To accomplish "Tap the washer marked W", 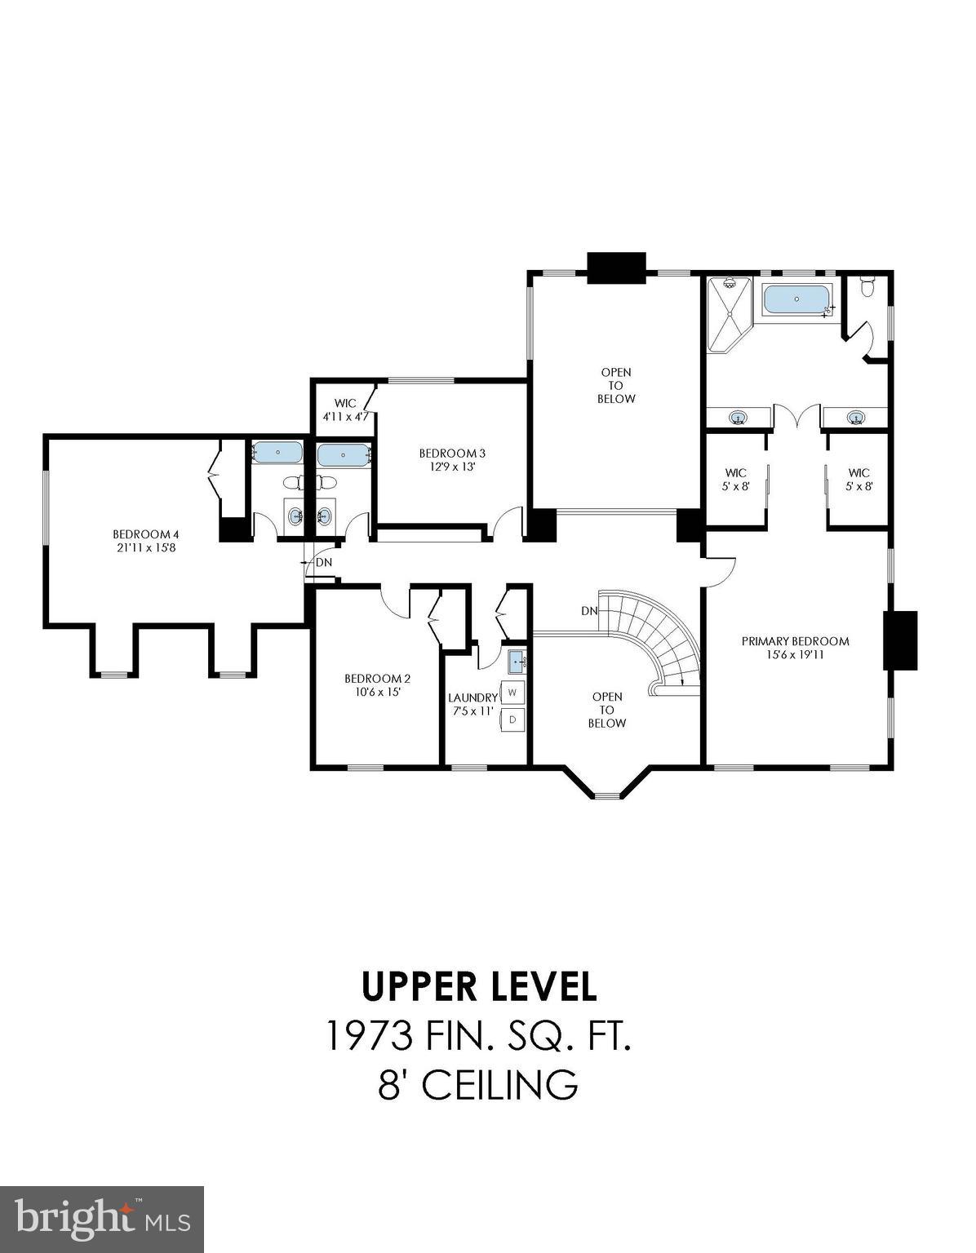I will (x=512, y=693).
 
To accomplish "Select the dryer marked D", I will (x=512, y=719).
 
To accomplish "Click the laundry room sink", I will (x=517, y=660).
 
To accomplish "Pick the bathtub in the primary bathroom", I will (x=796, y=299).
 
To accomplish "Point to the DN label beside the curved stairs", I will (x=589, y=611).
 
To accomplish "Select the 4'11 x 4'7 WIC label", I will (x=345, y=410).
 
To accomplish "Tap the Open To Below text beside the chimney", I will (x=616, y=385).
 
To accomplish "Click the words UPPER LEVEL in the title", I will (x=480, y=985).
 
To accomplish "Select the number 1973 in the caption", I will (x=370, y=1036).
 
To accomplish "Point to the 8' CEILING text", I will (x=479, y=1085).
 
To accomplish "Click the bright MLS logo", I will (x=102, y=1219).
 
